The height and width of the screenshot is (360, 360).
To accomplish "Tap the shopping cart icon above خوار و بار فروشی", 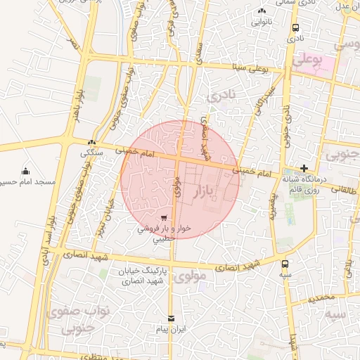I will click(x=164, y=218).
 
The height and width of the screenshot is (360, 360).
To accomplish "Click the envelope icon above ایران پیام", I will click(x=170, y=319).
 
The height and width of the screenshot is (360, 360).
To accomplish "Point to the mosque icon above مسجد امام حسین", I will click(x=26, y=171).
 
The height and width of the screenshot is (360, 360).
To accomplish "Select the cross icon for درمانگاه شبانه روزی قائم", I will click(x=304, y=168).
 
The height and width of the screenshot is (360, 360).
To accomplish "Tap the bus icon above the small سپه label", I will click(x=285, y=264).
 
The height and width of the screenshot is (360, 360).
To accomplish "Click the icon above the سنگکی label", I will click(x=91, y=143).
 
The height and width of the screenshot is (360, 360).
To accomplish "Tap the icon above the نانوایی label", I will click(x=262, y=11).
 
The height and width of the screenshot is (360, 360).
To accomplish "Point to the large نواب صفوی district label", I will click(x=70, y=318).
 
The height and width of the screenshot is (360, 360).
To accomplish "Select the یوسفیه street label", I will click(x=273, y=205).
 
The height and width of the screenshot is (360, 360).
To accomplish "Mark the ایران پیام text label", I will click(x=171, y=329).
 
